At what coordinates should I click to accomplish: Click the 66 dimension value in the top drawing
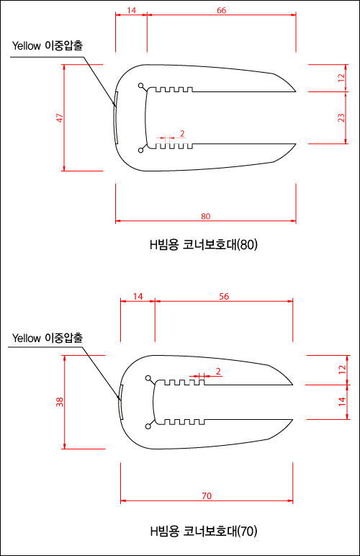click(x=222, y=10)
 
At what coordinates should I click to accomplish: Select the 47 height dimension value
click(x=60, y=118)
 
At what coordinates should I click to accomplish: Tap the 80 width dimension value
click(x=205, y=216)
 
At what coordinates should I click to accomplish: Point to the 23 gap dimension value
click(x=341, y=117)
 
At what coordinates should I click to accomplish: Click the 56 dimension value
click(x=224, y=296)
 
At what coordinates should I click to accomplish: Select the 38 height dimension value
click(x=60, y=402)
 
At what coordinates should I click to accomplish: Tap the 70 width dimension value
click(x=207, y=496)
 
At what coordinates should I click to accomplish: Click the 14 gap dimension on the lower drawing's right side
click(x=341, y=401)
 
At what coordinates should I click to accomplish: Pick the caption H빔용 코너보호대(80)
click(x=203, y=245)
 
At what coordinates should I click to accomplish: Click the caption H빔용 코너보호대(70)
click(x=203, y=531)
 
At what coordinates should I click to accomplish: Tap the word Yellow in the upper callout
click(x=26, y=46)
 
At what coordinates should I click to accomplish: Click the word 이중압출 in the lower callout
click(x=64, y=338)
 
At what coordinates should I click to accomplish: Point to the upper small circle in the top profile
click(x=140, y=86)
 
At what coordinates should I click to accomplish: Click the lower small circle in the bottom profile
click(x=148, y=426)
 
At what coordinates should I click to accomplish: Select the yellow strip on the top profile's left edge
click(x=115, y=117)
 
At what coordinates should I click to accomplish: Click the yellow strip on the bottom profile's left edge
click(x=121, y=402)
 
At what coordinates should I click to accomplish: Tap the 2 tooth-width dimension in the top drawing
click(x=182, y=134)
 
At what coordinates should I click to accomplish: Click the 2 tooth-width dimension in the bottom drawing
click(x=218, y=371)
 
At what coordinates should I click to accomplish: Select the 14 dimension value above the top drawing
click(x=131, y=10)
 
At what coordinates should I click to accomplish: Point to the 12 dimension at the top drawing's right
click(x=341, y=78)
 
